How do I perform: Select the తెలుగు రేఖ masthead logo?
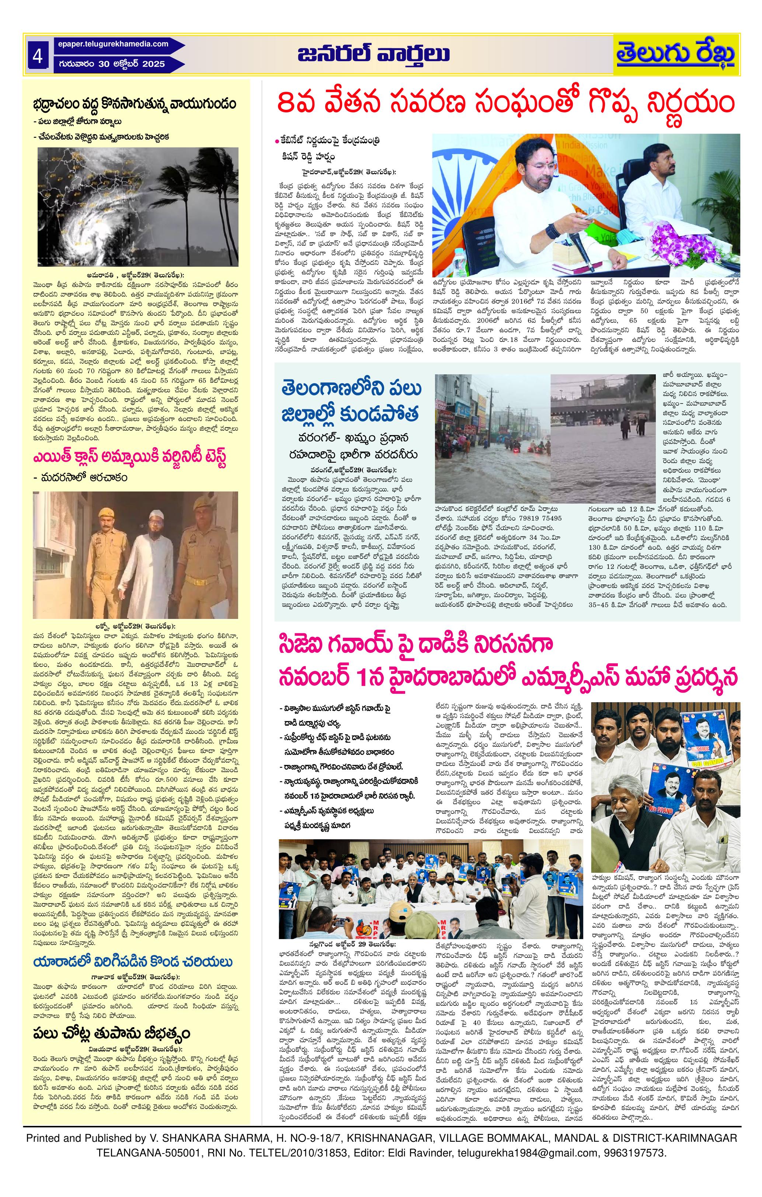pos(675,55)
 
